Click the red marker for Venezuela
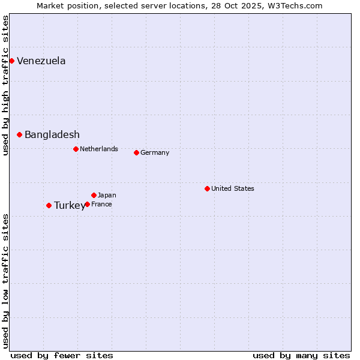coord(11,61)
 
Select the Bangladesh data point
coord(19,134)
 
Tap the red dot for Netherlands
coord(76,149)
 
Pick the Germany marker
coord(136,152)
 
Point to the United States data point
coord(207,188)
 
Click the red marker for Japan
coord(94,195)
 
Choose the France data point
coord(87,204)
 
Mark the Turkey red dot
coord(49,205)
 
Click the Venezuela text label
coord(41,61)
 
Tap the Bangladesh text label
coord(52,134)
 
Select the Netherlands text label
coord(99,149)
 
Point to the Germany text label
coord(155,152)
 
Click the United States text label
coord(233,188)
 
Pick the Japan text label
coord(107,195)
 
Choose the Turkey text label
coord(70,205)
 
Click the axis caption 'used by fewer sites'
coord(62,355)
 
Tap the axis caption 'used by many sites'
coord(301,355)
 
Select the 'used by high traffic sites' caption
coord(5,86)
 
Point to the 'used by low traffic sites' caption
coord(5,280)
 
